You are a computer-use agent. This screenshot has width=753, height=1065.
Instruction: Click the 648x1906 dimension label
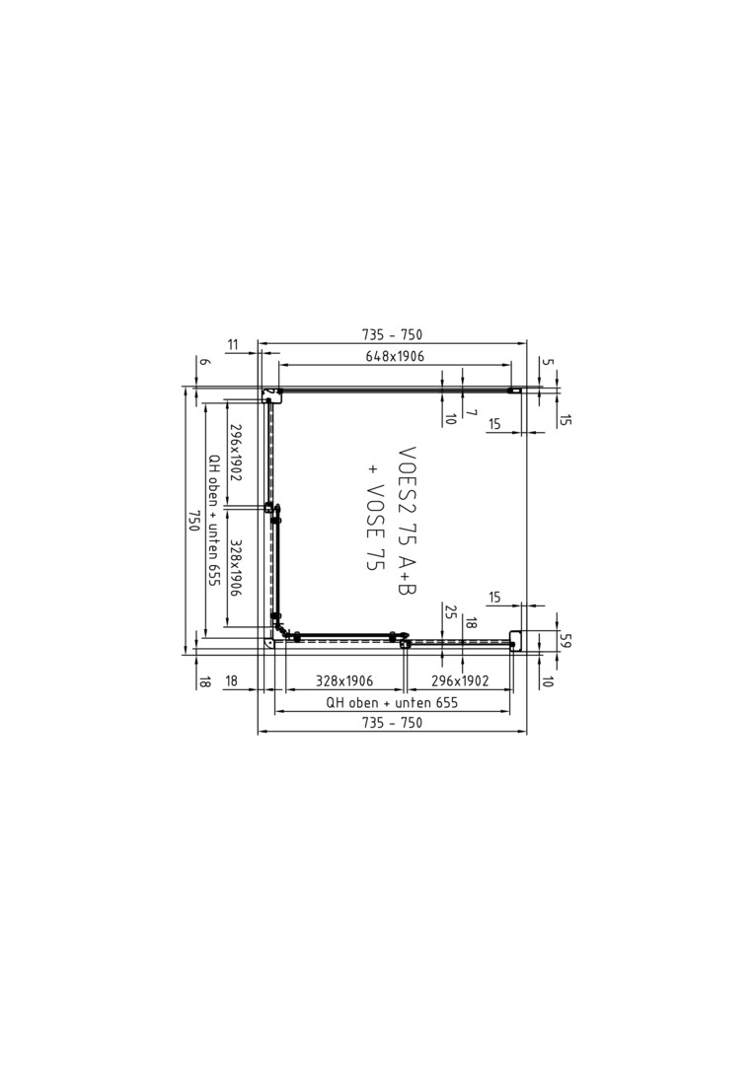pyautogui.click(x=394, y=356)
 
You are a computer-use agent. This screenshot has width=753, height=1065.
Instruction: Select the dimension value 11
pyautogui.click(x=233, y=346)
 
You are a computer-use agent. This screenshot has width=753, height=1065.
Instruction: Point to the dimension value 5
pyautogui.click(x=550, y=362)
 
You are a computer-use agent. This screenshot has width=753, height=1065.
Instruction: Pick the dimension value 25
pyautogui.click(x=448, y=611)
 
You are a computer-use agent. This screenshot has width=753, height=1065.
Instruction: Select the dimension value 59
pyautogui.click(x=564, y=640)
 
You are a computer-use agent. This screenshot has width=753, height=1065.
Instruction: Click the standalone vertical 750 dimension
pyautogui.click(x=193, y=521)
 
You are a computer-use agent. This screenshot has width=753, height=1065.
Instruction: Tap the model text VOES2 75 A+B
pyautogui.click(x=407, y=521)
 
